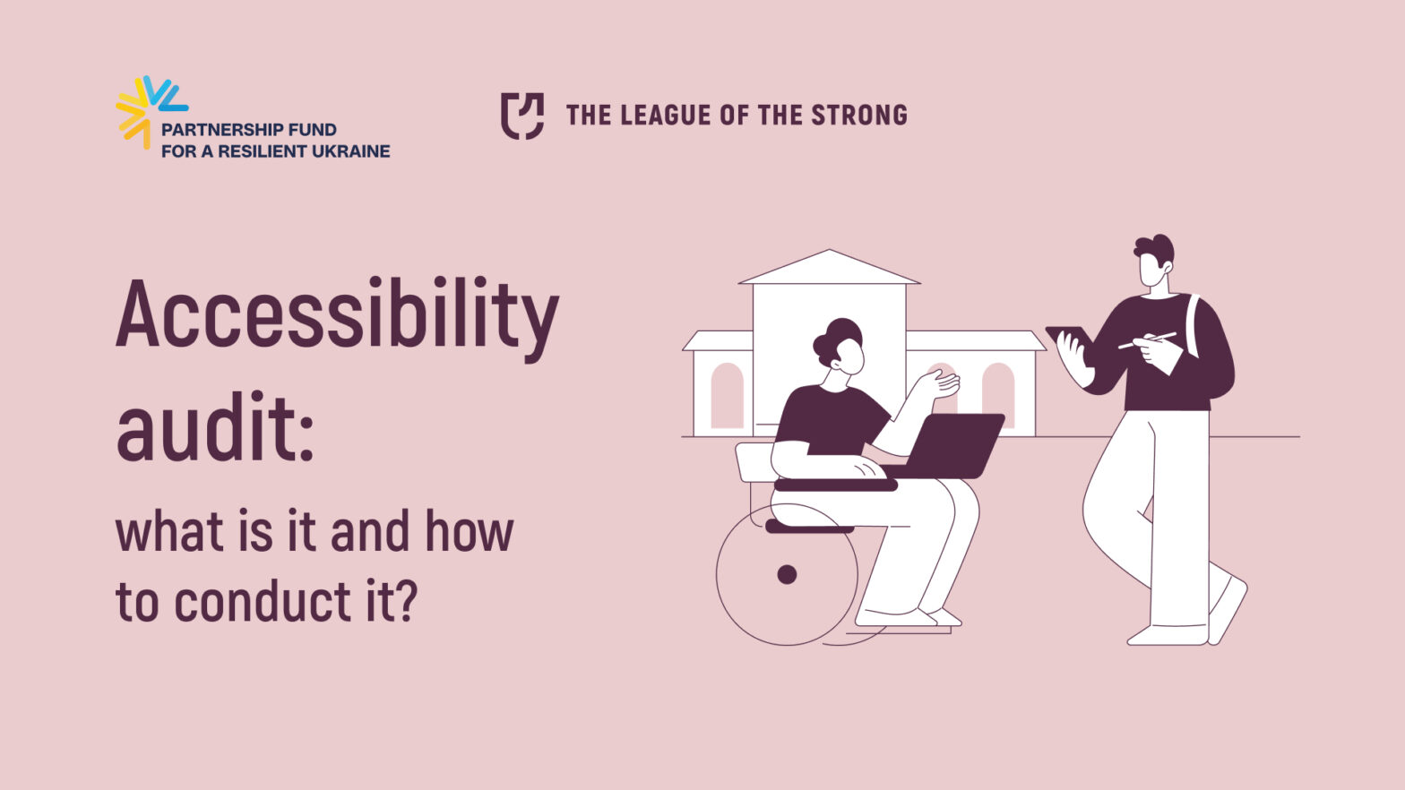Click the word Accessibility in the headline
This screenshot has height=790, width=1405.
338,319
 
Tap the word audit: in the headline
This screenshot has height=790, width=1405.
215,426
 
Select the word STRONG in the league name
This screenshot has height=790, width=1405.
859,116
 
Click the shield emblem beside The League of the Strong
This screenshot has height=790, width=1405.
521,116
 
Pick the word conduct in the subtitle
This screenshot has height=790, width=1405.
263,600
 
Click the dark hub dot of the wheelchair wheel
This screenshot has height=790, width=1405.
787,574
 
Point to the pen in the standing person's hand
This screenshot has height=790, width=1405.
1147,340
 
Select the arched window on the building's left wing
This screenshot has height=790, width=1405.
728,396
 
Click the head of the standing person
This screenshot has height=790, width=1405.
1155,260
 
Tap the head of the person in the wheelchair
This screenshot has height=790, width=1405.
840,347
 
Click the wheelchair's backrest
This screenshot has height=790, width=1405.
754,462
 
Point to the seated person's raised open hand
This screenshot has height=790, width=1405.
940,383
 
